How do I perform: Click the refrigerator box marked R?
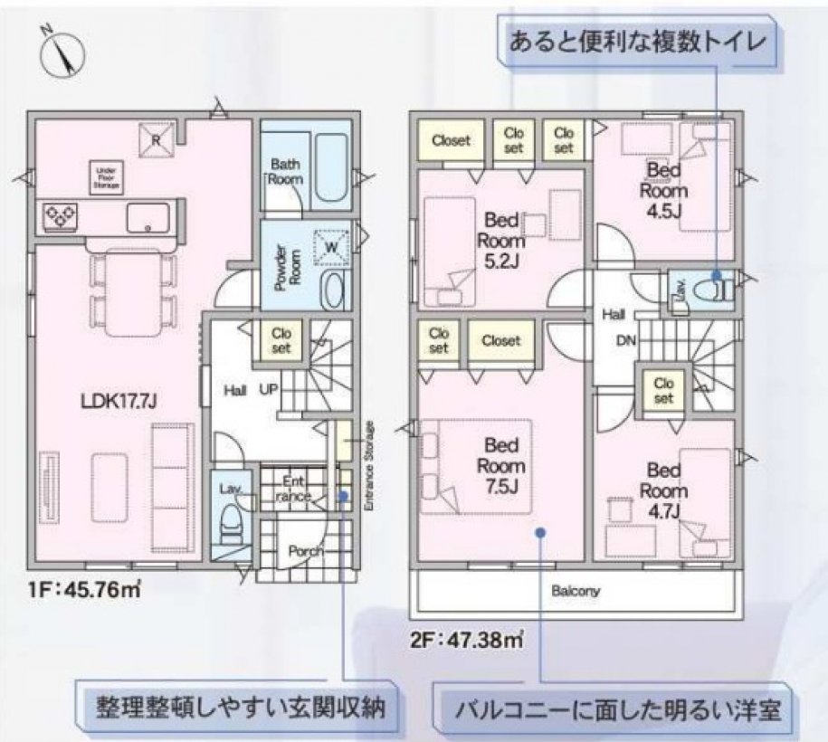[156, 138]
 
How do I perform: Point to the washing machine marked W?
[330, 245]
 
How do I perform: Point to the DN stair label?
[626, 341]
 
